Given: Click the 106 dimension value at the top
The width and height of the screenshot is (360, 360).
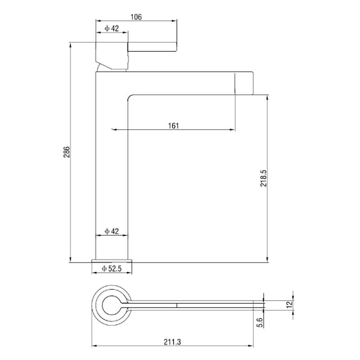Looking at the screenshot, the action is tap(136, 17).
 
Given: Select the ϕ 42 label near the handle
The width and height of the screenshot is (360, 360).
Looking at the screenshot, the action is tap(112, 28).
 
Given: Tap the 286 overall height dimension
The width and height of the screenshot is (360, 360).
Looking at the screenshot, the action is tap(66, 152).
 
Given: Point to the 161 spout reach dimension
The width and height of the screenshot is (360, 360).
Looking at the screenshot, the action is tap(173, 126).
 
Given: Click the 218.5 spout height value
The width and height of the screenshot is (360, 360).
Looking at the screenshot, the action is tap(263, 178).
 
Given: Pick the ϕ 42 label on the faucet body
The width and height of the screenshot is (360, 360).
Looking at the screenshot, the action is tap(112, 231).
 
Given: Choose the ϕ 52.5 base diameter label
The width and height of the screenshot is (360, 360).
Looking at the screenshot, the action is tap(112, 268).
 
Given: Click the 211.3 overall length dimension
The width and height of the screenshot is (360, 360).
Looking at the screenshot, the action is tap(172, 342).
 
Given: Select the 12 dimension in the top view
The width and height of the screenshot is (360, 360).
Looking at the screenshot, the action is tap(290, 304).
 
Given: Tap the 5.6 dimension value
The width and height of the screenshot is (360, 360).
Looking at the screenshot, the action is tap(259, 323).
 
